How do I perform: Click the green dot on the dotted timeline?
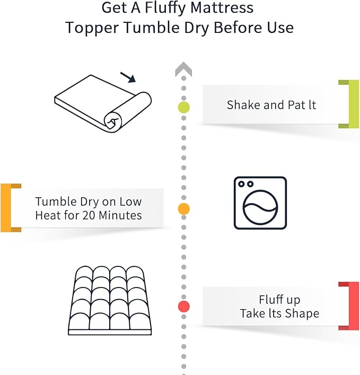pos(183,107)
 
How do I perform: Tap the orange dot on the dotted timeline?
pos(183,209)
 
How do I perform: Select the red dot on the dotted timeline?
pos(183,307)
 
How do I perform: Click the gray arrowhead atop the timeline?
pos(183,69)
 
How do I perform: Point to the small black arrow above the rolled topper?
pos(128,77)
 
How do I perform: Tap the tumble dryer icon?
pos(260,203)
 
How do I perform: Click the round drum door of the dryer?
pos(260,207)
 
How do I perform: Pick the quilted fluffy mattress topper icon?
pos(110,300)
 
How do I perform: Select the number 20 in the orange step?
pos(89,215)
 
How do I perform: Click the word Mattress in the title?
pos(222,7)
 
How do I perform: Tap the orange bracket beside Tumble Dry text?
pos(6,208)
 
